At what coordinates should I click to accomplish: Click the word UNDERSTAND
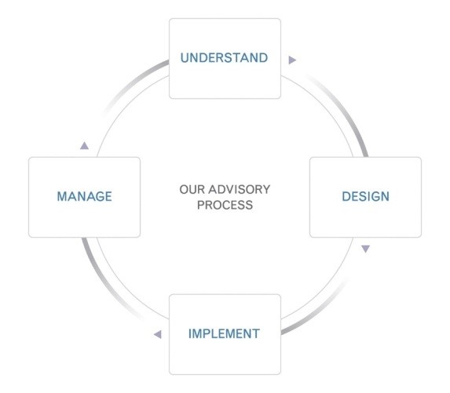(x=224, y=58)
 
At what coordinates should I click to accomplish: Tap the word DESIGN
(x=366, y=196)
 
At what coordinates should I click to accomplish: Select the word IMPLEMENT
(x=224, y=333)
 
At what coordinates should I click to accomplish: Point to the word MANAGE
(x=84, y=196)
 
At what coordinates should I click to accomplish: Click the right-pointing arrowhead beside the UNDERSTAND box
(x=292, y=60)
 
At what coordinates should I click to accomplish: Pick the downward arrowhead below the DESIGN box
(x=365, y=249)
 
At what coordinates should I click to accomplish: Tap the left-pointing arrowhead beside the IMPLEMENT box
(x=158, y=334)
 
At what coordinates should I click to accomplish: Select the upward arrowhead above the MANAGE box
(x=84, y=146)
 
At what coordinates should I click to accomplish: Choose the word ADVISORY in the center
(x=240, y=190)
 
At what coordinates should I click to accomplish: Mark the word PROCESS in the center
(x=225, y=205)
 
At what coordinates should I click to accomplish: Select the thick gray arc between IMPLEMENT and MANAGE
(x=104, y=286)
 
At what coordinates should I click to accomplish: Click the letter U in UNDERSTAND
(x=185, y=58)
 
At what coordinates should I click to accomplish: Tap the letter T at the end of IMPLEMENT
(x=256, y=333)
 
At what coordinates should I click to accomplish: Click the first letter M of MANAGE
(x=62, y=196)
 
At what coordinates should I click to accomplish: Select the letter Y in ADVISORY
(x=265, y=190)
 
